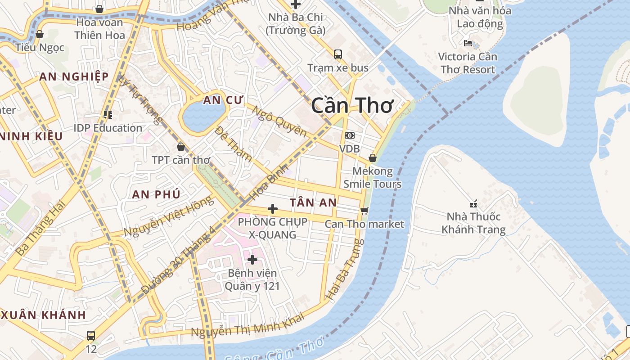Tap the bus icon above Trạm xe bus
pyautogui.click(x=337, y=54)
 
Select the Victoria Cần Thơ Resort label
pyautogui.click(x=468, y=63)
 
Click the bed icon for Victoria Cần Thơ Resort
pyautogui.click(x=468, y=43)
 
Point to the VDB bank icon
pyautogui.click(x=349, y=135)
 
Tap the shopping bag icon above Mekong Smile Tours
pyautogui.click(x=373, y=158)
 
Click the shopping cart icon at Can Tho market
pyautogui.click(x=364, y=211)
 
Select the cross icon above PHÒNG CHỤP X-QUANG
pyautogui.click(x=272, y=209)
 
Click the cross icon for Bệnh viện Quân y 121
pyautogui.click(x=252, y=260)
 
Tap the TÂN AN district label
pyautogui.click(x=313, y=202)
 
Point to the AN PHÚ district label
pyautogui.click(x=156, y=194)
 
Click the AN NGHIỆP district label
pyautogui.click(x=74, y=76)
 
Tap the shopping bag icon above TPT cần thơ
pyautogui.click(x=181, y=147)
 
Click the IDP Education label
pyautogui.click(x=108, y=128)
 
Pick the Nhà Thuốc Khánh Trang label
pyautogui.click(x=473, y=223)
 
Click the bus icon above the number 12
pyautogui.click(x=91, y=335)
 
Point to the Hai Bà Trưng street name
pyautogui.click(x=345, y=270)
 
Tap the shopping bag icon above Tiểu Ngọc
pyautogui.click(x=40, y=34)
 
